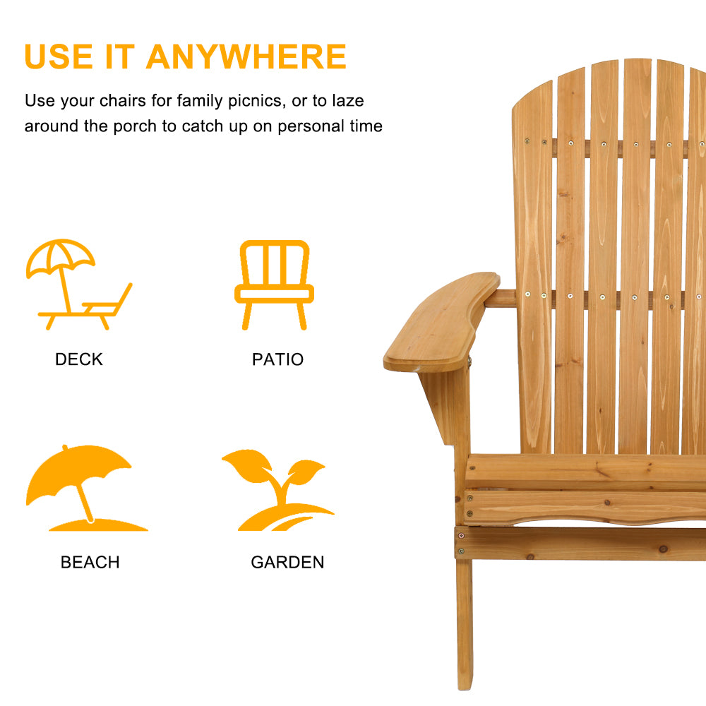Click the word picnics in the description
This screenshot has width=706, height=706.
pos(246,101)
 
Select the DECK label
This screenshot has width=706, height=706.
pos(79,359)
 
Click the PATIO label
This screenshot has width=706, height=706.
pos(277,359)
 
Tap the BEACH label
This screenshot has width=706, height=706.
pos(90,563)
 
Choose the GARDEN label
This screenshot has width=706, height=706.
pos(287,563)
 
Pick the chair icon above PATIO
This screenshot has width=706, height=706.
pos(275,285)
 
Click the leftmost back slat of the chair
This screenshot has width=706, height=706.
pos(533,268)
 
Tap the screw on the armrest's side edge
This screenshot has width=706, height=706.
pos(469,362)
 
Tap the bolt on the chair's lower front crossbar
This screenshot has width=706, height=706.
pos(461,550)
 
